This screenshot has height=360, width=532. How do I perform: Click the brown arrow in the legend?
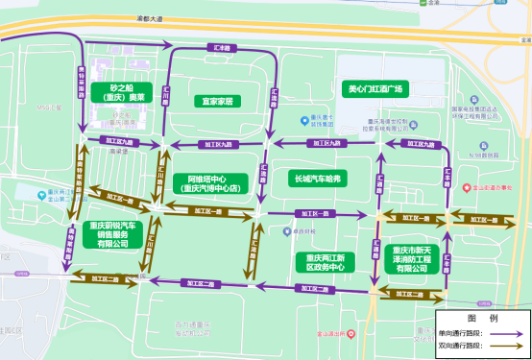point(510,344)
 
